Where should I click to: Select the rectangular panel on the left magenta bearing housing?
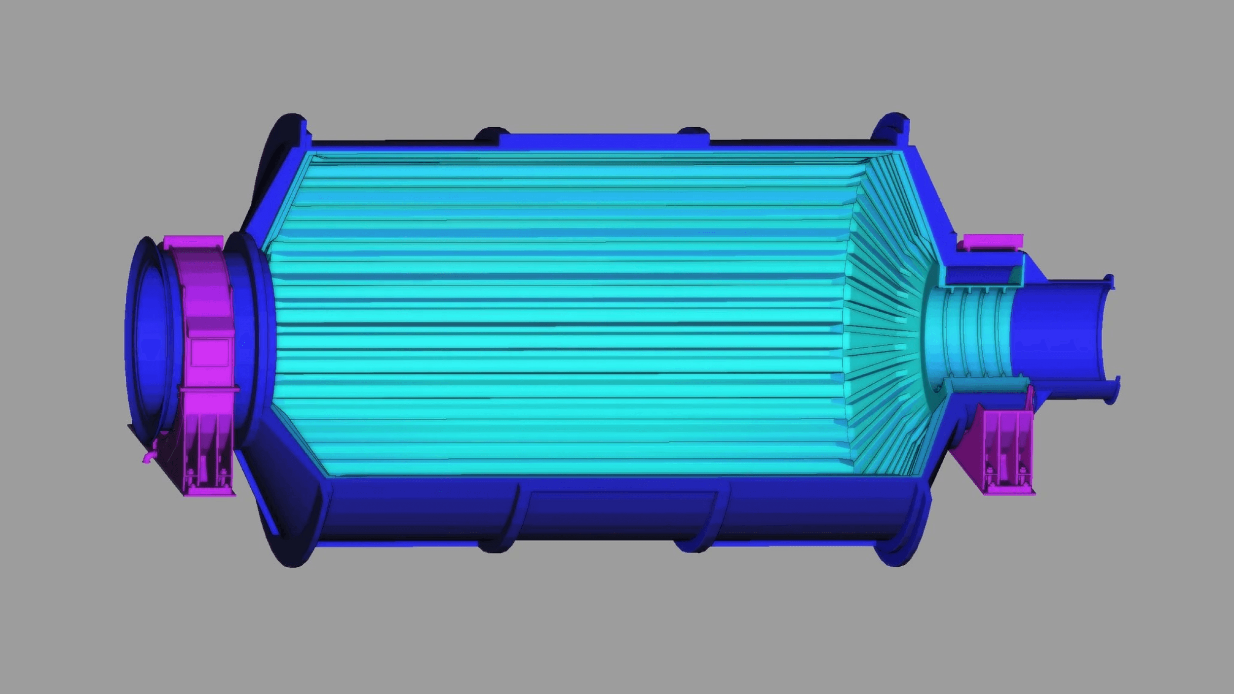[210, 352]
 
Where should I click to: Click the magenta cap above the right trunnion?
[993, 241]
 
